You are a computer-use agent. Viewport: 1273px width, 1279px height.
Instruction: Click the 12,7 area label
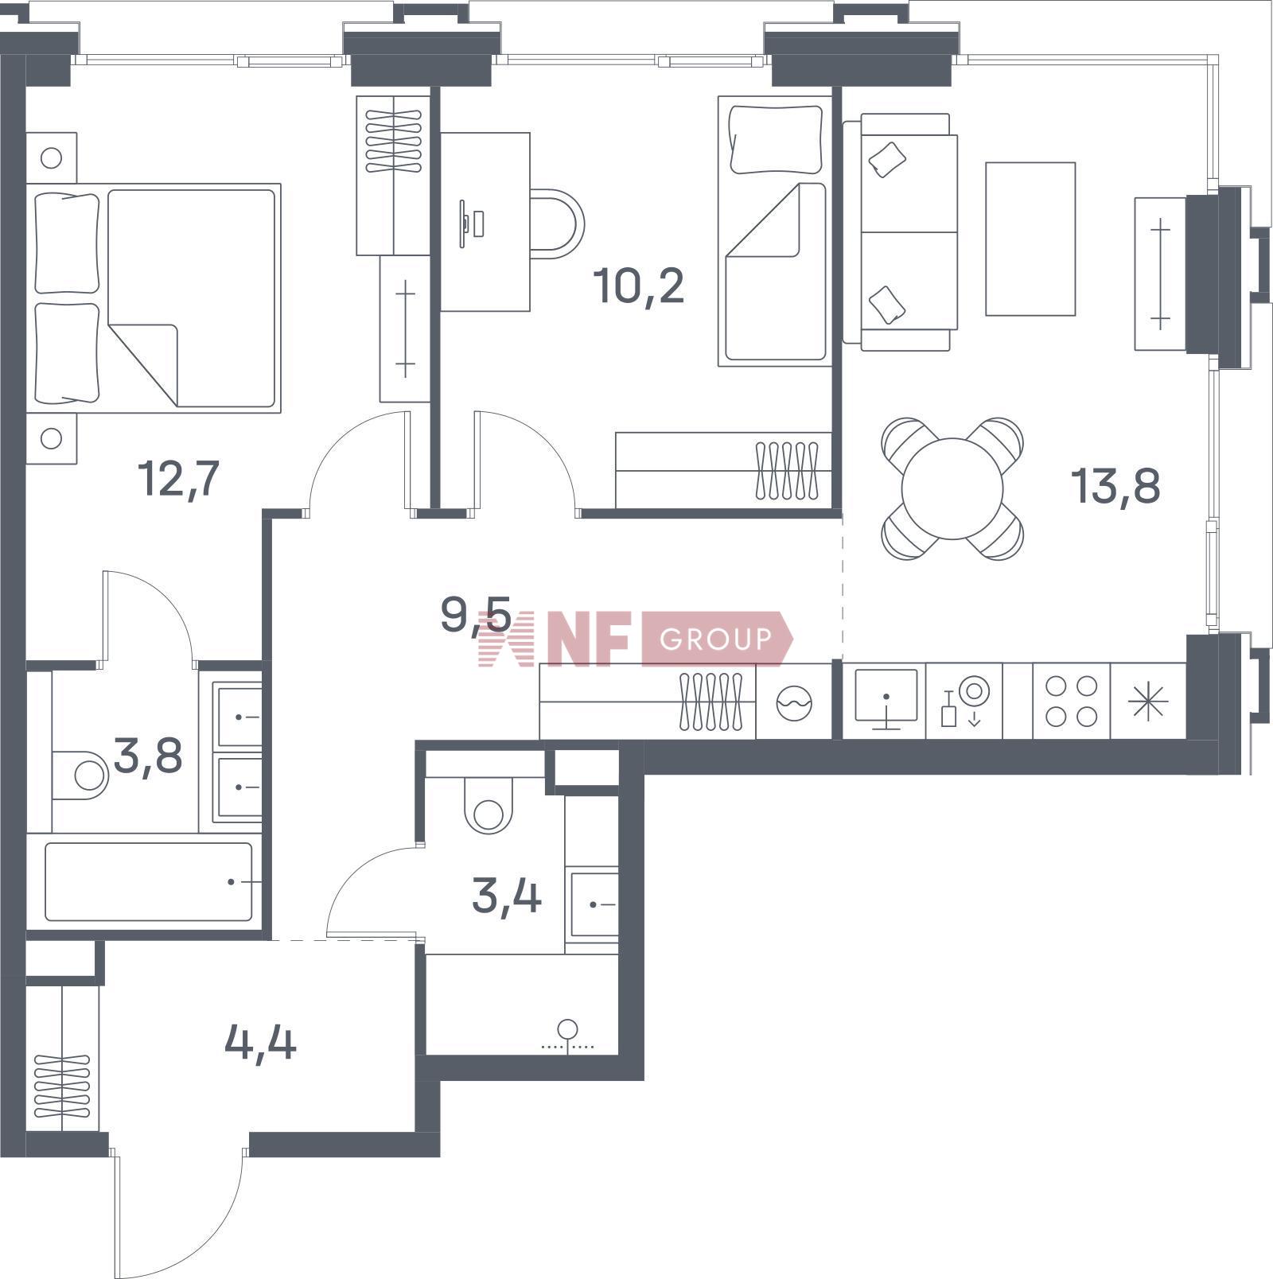pyautogui.click(x=178, y=478)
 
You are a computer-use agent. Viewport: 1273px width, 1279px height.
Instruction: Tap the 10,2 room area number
pyautogui.click(x=639, y=286)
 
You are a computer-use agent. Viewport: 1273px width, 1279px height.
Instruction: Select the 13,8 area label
pyautogui.click(x=1115, y=485)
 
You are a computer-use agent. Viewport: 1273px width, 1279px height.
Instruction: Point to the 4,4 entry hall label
pyautogui.click(x=261, y=1042)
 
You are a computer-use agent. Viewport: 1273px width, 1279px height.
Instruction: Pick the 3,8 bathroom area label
pyautogui.click(x=148, y=756)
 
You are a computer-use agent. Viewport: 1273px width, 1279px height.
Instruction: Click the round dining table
pyautogui.click(x=952, y=488)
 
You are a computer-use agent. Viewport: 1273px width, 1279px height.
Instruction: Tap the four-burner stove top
pyautogui.click(x=1071, y=701)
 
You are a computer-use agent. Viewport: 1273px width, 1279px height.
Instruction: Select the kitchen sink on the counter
pyautogui.click(x=886, y=699)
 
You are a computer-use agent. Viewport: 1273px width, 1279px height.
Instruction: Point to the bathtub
pyautogui.click(x=149, y=881)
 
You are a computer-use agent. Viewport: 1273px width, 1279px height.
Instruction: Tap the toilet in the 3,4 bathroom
pyautogui.click(x=489, y=805)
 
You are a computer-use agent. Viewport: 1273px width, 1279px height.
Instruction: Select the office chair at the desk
pyautogui.click(x=557, y=224)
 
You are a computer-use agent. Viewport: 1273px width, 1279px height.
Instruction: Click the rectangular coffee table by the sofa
pyautogui.click(x=1030, y=239)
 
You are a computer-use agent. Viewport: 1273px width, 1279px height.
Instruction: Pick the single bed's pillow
pyautogui.click(x=776, y=139)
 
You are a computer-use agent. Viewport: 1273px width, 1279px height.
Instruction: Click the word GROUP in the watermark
pyautogui.click(x=715, y=639)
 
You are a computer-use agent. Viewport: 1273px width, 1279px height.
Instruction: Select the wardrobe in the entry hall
pyautogui.click(x=63, y=1058)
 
